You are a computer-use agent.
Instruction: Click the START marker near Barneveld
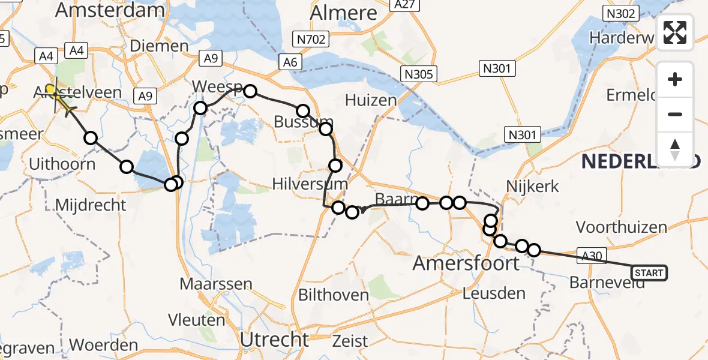point(649,274)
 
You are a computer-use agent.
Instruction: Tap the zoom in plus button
point(675,80)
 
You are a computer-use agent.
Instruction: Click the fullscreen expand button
point(675,32)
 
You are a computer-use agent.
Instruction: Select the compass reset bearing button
point(675,149)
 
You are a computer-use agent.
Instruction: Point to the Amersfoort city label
point(466,263)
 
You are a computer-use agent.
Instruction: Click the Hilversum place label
point(310,184)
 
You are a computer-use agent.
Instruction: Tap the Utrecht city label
point(274,340)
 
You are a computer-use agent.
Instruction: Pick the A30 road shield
point(589,254)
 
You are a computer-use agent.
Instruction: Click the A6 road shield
point(291,62)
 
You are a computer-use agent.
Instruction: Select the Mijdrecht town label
point(91,205)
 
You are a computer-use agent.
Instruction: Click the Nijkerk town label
point(533,187)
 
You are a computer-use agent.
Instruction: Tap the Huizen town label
point(371,100)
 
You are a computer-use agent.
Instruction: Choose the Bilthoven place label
point(334,295)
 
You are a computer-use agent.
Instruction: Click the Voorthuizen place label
point(621,227)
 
